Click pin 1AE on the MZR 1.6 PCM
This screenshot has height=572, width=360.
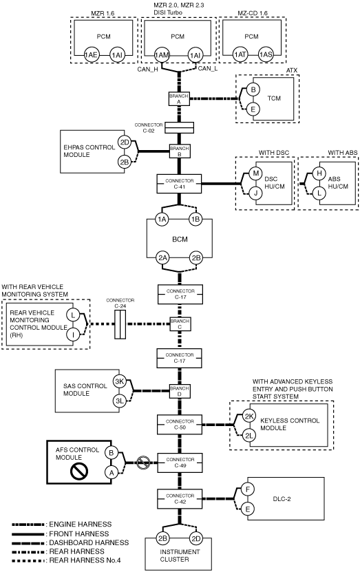click(x=91, y=55)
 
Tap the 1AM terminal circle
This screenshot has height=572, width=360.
click(x=162, y=55)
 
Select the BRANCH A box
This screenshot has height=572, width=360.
click(x=179, y=99)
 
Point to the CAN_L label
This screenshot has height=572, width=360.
click(x=208, y=69)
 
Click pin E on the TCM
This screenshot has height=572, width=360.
click(x=253, y=109)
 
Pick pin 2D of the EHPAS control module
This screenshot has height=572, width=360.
click(x=125, y=142)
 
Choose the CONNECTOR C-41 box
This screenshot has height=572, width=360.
click(x=179, y=184)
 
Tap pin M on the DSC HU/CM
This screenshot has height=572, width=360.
click(x=255, y=173)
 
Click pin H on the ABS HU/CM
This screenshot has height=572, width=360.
click(x=319, y=173)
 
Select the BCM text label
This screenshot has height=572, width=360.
click(x=180, y=240)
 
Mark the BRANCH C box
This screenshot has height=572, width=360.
click(x=180, y=324)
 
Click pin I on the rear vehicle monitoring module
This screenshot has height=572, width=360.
click(x=73, y=334)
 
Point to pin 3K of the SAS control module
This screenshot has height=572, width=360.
click(x=119, y=381)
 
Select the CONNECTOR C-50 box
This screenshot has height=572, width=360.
click(x=180, y=424)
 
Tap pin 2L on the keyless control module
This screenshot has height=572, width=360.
click(x=249, y=436)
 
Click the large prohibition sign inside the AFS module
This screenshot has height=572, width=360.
click(x=79, y=471)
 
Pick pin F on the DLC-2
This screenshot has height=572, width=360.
click(x=248, y=489)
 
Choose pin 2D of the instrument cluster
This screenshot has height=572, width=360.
click(x=196, y=538)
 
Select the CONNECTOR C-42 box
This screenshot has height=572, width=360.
click(x=180, y=498)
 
